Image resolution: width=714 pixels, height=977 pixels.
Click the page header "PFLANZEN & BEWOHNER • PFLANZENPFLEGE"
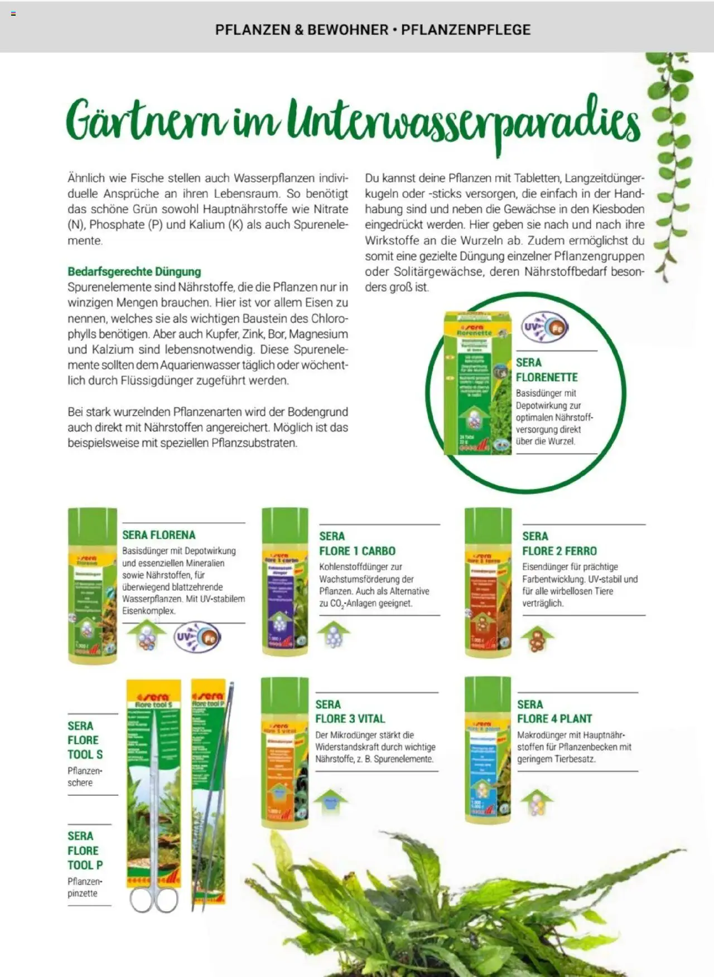373,30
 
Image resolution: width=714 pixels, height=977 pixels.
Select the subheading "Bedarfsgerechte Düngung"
134,271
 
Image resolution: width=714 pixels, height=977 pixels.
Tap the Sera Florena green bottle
93,585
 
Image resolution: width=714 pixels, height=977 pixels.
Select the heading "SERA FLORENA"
159,535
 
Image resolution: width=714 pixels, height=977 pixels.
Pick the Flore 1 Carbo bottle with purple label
284,582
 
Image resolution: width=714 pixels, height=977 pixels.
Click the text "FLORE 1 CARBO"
357,551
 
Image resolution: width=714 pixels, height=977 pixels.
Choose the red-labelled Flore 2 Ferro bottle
488,583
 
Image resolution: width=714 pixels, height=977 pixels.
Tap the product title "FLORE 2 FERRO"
559,551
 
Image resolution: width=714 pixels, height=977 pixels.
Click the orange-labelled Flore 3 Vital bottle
284,752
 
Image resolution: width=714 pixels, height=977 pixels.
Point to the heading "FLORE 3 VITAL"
350,719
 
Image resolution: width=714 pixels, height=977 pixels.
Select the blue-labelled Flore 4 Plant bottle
488,750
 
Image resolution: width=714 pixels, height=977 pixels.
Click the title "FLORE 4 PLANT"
554,719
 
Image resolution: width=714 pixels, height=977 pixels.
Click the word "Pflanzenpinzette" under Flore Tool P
83,887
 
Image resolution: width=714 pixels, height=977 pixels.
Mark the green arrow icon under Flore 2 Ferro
537,639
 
